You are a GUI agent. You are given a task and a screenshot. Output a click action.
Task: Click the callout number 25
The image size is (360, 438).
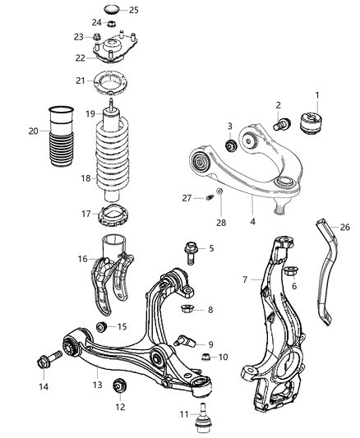(x=134, y=10)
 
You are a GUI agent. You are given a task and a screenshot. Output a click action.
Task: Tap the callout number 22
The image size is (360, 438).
(x=80, y=58)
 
